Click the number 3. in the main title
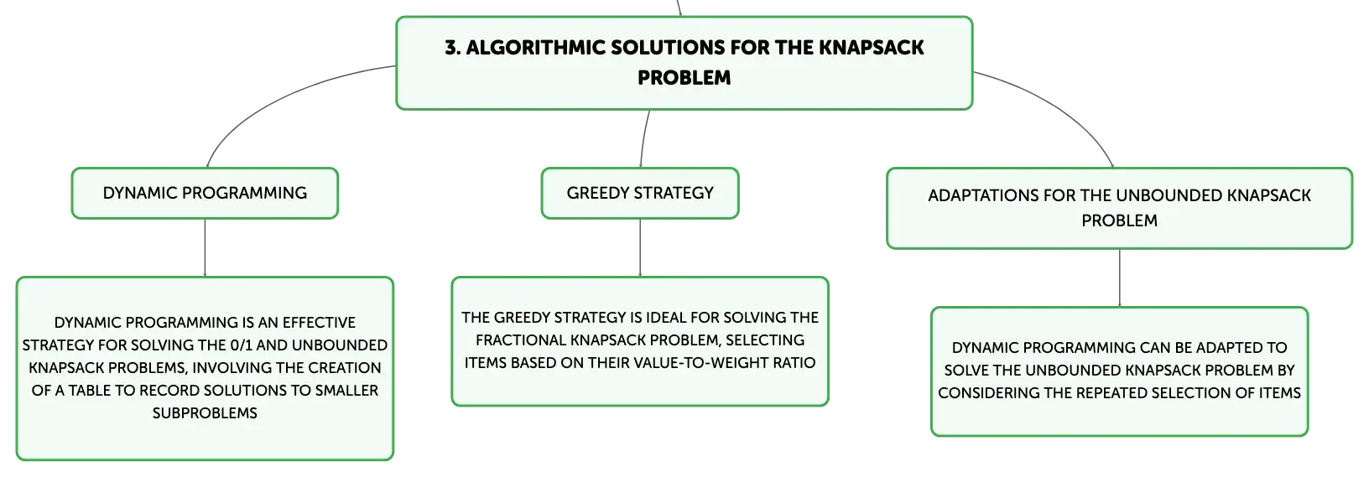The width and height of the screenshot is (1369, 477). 452,48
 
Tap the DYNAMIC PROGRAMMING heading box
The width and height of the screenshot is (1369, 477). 205,193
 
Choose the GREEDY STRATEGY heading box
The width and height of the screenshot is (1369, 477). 640,193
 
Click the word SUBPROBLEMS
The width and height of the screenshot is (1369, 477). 205,413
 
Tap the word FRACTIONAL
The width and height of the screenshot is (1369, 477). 521,340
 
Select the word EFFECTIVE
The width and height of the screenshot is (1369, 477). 319,323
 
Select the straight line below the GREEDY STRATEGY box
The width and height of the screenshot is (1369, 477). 640,248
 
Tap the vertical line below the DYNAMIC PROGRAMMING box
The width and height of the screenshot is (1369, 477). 205,248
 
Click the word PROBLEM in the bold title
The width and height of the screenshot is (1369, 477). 684,78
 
